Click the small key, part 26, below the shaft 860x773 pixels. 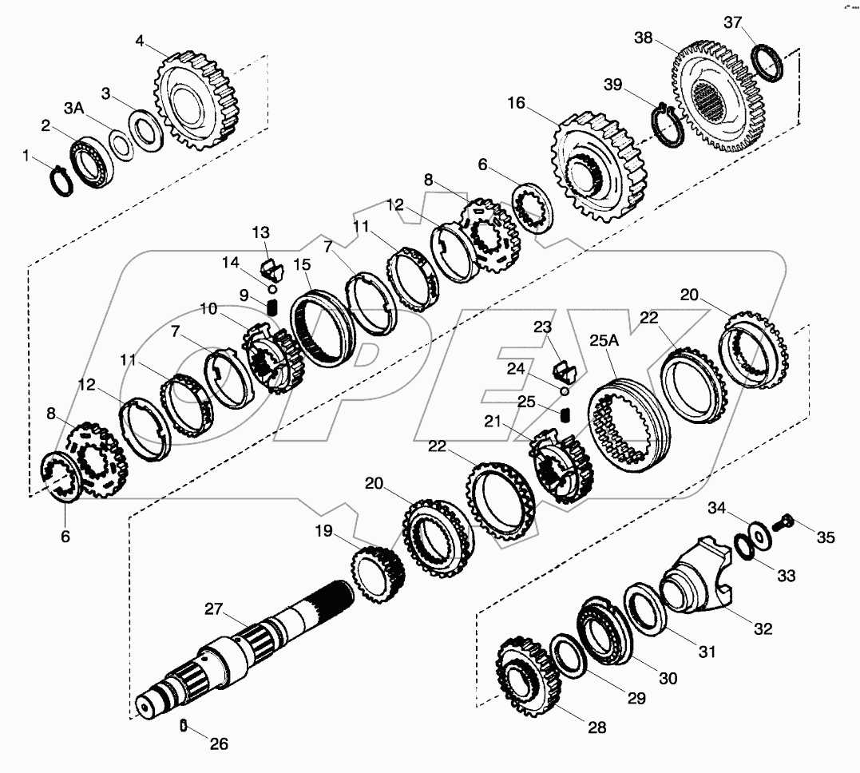[x=183, y=725]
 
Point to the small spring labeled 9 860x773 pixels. [x=271, y=306]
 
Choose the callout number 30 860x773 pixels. [x=668, y=678]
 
